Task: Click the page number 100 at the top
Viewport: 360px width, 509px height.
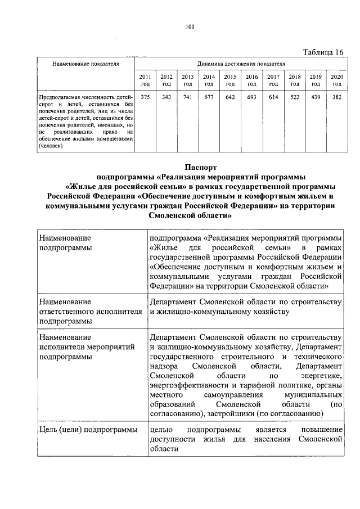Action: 190,27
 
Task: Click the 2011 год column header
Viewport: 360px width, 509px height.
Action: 145,80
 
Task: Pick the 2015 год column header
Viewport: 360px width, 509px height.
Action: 229,80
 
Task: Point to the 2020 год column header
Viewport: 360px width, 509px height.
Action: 336,80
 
